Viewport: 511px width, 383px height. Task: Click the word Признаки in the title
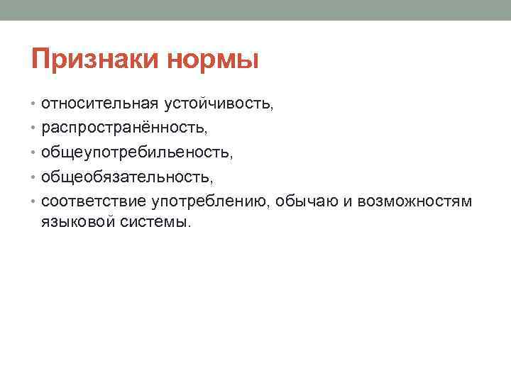(x=95, y=60)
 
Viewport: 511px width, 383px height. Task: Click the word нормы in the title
(x=213, y=60)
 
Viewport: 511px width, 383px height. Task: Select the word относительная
(x=100, y=104)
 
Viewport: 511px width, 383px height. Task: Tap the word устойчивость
(x=217, y=104)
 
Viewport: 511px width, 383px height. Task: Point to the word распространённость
(x=123, y=128)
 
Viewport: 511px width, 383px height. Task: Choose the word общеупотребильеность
(x=136, y=152)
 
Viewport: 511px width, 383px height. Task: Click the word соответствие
(x=94, y=201)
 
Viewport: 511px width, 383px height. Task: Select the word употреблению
(x=209, y=202)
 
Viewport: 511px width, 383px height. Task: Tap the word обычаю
(x=307, y=201)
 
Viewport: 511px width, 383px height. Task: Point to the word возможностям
(x=414, y=201)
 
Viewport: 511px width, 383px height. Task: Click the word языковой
(x=78, y=222)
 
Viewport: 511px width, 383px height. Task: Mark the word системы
(x=153, y=223)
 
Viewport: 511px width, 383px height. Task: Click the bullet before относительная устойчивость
(x=33, y=104)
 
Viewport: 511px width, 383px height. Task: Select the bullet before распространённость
(x=33, y=128)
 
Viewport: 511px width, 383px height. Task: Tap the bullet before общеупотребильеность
(x=33, y=152)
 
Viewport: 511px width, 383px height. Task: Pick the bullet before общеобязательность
(x=33, y=177)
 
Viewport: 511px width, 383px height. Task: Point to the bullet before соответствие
(x=33, y=201)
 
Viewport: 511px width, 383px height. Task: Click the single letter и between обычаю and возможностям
(x=348, y=202)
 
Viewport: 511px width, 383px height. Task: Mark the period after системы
(x=189, y=226)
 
